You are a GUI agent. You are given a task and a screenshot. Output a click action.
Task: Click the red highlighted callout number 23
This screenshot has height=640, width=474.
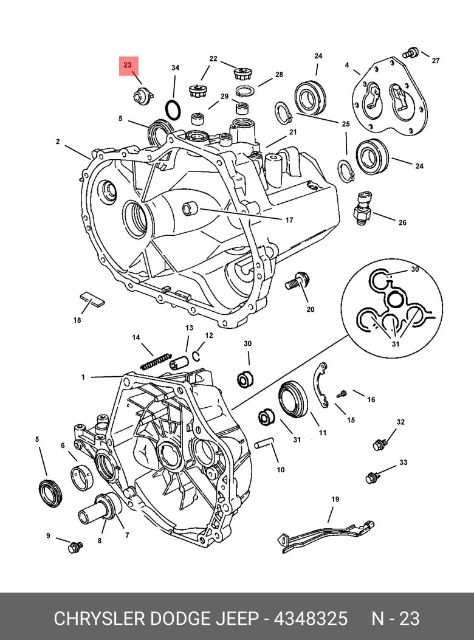click(128, 65)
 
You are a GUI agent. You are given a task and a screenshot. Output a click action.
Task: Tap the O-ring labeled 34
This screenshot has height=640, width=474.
click(174, 111)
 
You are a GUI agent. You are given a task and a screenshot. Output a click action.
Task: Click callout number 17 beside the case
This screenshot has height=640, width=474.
click(289, 220)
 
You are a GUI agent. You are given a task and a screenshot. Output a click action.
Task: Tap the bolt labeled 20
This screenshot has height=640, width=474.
click(297, 283)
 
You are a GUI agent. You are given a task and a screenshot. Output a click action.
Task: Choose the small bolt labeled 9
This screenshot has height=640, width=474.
click(75, 547)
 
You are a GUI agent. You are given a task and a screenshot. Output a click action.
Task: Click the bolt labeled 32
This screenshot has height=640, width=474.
click(379, 445)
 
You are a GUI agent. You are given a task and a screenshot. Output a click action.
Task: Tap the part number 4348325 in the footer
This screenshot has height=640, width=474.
click(311, 619)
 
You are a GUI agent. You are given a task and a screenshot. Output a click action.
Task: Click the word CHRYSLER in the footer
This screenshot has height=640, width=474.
click(97, 619)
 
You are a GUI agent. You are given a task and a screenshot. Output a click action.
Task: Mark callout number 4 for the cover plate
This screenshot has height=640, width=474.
click(347, 65)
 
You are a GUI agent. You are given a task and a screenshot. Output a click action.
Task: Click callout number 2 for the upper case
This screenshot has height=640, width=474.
click(58, 142)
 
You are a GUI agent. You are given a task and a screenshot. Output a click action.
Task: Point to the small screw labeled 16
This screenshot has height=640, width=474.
click(342, 394)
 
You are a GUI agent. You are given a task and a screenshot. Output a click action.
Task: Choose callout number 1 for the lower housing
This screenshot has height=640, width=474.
click(83, 377)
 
